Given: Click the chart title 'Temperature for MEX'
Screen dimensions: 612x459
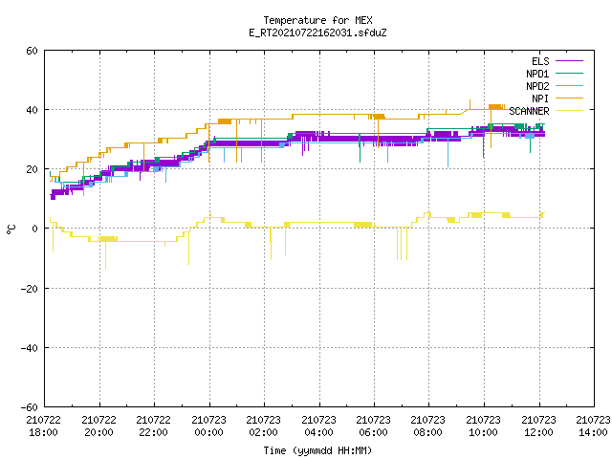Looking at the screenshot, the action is click(317, 20).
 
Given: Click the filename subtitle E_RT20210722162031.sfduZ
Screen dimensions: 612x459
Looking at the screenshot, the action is click(317, 33).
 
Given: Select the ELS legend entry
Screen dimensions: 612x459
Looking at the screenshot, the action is click(557, 61).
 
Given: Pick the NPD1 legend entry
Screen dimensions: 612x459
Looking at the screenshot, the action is click(555, 74).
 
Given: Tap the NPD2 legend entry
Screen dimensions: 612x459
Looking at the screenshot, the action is click(555, 86).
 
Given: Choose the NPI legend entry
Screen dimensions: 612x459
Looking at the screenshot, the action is click(557, 98).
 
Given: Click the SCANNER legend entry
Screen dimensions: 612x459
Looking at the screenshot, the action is click(546, 111).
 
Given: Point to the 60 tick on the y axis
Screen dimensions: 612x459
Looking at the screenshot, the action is click(32, 51).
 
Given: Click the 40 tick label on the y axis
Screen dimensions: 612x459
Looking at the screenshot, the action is click(32, 110).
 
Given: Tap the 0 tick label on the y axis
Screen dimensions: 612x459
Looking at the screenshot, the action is click(35, 229).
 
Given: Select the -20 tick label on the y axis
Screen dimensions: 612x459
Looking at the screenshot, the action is click(30, 289).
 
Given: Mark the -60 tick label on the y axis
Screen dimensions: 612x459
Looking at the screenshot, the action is click(30, 407).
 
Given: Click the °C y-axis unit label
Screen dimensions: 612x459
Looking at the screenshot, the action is click(11, 229).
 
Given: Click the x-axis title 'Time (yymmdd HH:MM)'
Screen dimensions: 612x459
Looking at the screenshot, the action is click(317, 450).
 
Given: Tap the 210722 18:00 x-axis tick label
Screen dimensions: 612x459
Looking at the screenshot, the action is click(44, 426).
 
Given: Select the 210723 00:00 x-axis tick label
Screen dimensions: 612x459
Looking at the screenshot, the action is click(208, 426).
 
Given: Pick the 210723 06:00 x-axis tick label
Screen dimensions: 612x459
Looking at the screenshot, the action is click(374, 426).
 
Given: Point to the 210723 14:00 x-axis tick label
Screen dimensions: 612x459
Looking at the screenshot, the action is click(593, 426).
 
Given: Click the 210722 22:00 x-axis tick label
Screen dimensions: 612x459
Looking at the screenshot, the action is click(154, 426).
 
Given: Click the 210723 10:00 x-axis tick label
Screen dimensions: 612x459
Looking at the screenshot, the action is click(484, 426).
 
